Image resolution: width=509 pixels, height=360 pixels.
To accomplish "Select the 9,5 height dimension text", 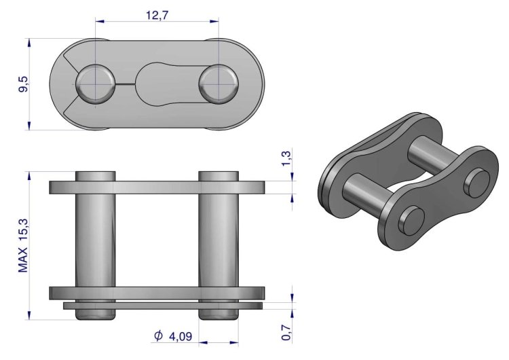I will coord(24,84).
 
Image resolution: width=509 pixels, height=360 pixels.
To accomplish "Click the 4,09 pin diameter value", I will coord(180,336).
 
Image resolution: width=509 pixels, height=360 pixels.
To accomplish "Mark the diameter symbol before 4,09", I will coord(158,336).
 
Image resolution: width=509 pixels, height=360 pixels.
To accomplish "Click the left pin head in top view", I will coord(95,83).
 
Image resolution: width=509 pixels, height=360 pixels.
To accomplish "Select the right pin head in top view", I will coord(219,83).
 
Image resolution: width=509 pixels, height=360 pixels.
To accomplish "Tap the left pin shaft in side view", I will coord(95,238).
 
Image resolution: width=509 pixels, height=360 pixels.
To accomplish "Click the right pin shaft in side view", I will coord(219,238).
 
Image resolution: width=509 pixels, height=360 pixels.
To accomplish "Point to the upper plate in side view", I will coord(156,187).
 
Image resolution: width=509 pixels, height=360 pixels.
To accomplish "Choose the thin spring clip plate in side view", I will coord(163,306).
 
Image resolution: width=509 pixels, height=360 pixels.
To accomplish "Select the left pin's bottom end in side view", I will coord(95,314).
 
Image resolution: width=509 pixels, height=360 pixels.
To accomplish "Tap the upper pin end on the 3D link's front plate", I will coord(474,180).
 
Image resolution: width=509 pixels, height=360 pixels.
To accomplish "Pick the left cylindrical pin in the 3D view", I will coord(366,193).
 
